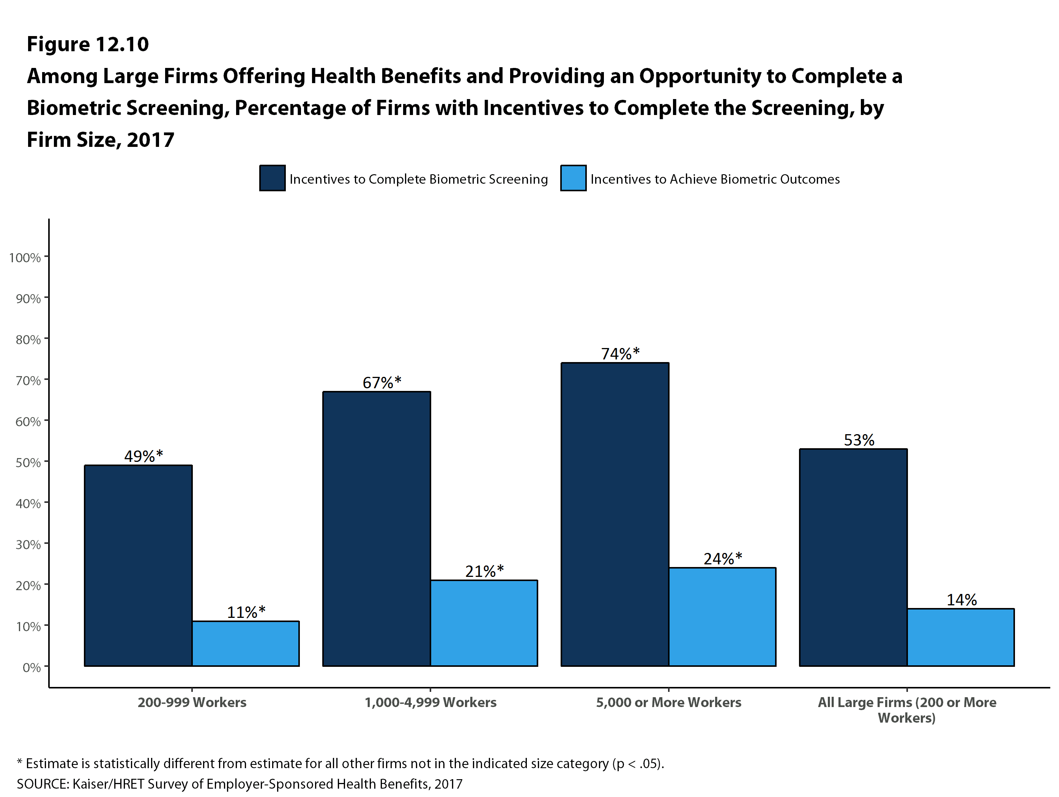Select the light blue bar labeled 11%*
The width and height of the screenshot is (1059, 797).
(x=246, y=643)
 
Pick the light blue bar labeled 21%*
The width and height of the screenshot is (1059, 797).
(x=484, y=623)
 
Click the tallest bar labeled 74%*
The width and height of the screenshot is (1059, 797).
(x=615, y=514)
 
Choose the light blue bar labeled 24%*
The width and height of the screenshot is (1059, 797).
(x=722, y=617)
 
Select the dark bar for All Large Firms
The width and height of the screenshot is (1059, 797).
(x=853, y=557)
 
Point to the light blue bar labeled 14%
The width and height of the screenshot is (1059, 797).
(x=960, y=637)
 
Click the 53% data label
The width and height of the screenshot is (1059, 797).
(x=859, y=440)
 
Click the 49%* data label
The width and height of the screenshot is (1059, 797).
(x=143, y=456)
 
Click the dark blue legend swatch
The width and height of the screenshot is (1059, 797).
(x=273, y=178)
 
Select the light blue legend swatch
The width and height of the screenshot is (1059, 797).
(x=573, y=178)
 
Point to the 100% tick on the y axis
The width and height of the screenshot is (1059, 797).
(x=25, y=258)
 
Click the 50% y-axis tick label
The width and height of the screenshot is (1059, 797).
(x=28, y=462)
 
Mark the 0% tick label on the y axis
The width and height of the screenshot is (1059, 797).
(x=32, y=667)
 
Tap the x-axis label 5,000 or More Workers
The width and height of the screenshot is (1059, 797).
(x=668, y=702)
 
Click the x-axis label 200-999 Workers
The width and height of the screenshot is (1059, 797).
(x=192, y=702)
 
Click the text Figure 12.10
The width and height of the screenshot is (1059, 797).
(x=88, y=44)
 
